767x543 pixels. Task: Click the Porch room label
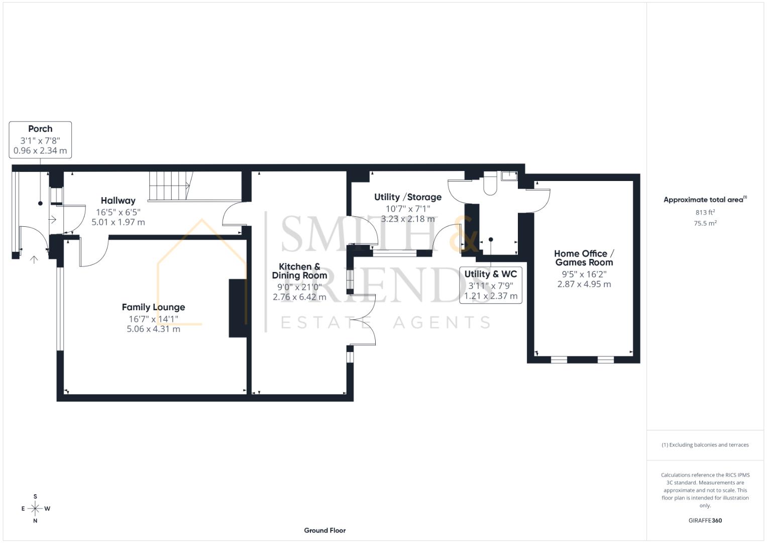coord(40,129)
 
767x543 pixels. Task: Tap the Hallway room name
coord(118,201)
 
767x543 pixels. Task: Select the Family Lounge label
coord(153,307)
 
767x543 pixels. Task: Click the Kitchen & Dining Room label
coord(299,271)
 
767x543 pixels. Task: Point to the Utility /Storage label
coord(407,197)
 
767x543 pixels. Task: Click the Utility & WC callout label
coord(490,274)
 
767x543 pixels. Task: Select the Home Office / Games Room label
coord(584,258)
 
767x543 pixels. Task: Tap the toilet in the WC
coord(489,185)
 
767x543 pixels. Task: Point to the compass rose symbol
coord(35,509)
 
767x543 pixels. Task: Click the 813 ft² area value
coord(705,213)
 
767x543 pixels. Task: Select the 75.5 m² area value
coord(705,224)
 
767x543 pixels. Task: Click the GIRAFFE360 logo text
coord(705,520)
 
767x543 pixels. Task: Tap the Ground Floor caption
coord(324,530)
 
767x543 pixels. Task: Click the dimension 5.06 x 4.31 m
coord(153,329)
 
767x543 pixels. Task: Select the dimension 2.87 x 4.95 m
coord(584,284)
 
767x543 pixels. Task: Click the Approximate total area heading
coord(704,200)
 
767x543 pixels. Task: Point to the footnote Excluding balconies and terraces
coord(705,445)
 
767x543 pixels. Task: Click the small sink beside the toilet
coord(509,175)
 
